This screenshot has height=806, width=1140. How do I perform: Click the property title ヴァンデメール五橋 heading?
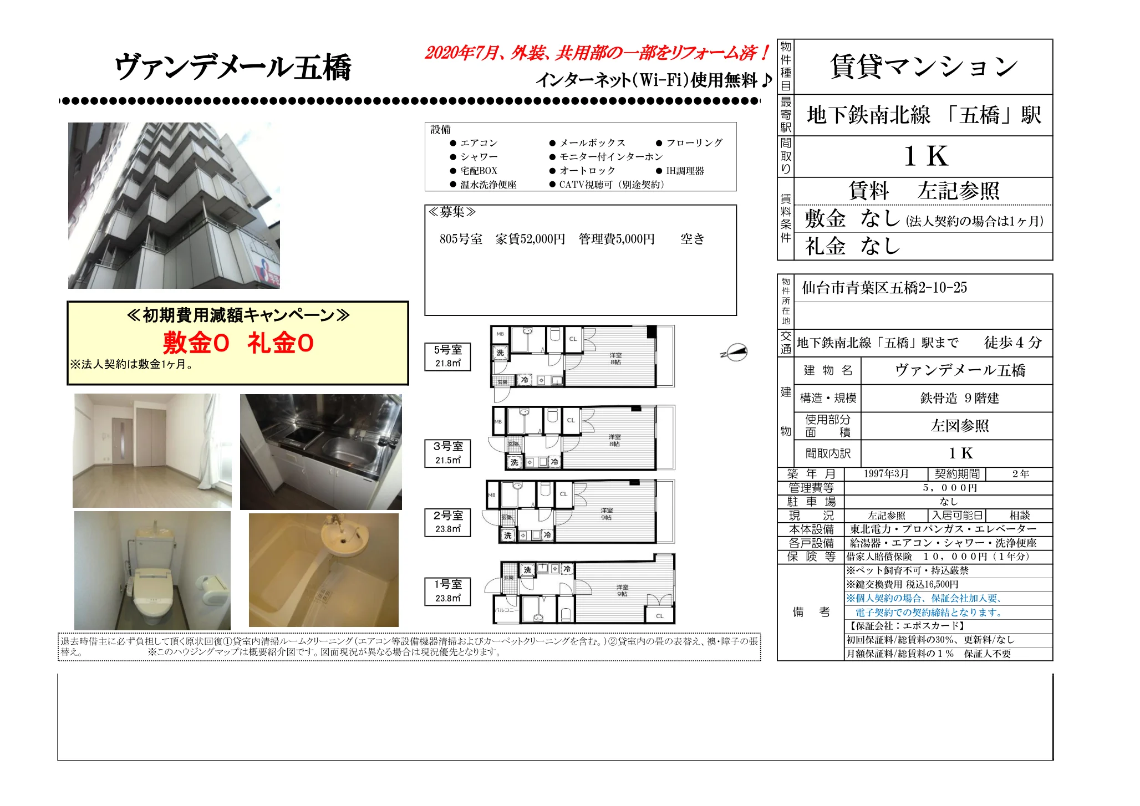233,68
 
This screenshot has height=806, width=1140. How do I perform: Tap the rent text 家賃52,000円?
530,239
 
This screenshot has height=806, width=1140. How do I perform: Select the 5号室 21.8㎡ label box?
447,356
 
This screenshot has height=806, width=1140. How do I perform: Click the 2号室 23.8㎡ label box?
447,522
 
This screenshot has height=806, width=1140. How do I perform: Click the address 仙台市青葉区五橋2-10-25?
884,288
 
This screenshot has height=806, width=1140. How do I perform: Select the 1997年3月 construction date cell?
885,474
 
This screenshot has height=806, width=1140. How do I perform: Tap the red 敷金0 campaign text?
196,343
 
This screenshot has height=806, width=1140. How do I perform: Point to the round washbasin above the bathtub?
344,535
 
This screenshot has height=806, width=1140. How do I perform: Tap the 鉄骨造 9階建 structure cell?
959,398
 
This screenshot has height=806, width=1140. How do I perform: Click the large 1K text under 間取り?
925,156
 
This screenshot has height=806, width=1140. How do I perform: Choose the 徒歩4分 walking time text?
1012,343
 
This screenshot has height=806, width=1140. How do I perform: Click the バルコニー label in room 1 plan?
506,609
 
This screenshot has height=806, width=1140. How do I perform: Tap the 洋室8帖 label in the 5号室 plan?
615,359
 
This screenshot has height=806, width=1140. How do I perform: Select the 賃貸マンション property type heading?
924,67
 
